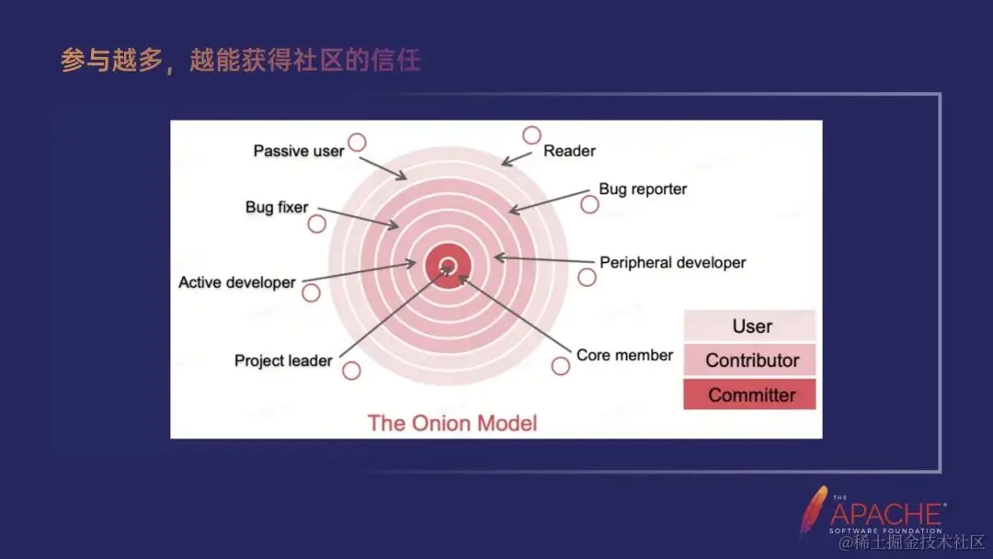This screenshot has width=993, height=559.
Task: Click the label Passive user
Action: (298, 151)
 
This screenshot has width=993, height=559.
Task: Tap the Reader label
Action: (569, 151)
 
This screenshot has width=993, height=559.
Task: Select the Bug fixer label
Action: (277, 207)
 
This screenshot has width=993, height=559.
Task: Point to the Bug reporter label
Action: (643, 189)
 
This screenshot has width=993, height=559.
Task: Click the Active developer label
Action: (237, 282)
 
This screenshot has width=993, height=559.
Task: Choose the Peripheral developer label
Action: (672, 263)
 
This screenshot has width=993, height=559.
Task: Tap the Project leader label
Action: (283, 360)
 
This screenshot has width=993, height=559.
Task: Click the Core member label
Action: (624, 355)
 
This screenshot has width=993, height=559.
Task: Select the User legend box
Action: (750, 326)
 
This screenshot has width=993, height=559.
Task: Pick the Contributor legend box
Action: (750, 360)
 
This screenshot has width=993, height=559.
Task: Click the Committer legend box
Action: (750, 395)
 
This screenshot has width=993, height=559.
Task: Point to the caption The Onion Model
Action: (452, 423)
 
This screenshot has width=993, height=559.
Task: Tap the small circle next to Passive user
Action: (357, 143)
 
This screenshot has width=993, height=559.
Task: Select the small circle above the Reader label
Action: (531, 135)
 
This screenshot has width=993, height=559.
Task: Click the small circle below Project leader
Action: (351, 371)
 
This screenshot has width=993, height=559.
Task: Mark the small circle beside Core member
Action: (561, 366)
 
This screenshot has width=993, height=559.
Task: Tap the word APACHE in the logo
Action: (886, 514)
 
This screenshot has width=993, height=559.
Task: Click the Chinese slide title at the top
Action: (241, 61)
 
